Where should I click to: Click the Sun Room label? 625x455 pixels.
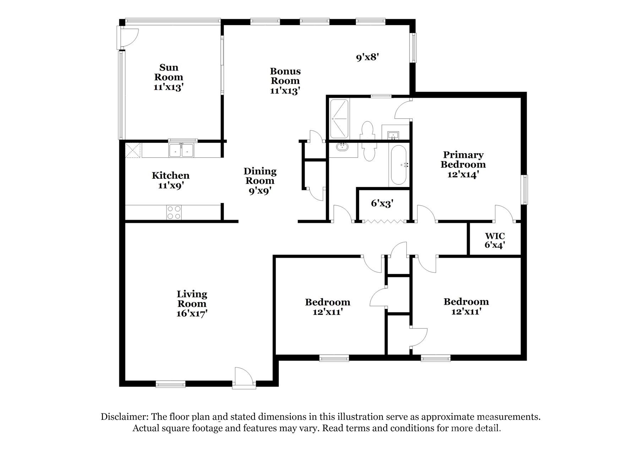(x=169, y=72)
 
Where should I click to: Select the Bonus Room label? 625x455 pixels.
(x=285, y=76)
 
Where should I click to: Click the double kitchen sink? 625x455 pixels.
(x=181, y=150)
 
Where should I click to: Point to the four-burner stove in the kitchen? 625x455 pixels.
(x=174, y=213)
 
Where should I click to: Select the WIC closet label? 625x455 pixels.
(x=495, y=236)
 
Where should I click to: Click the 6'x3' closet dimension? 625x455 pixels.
(x=382, y=203)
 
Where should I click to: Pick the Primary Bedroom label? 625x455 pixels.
(x=463, y=160)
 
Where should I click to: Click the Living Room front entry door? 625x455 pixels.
(x=244, y=379)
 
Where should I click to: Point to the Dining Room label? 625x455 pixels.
(x=260, y=176)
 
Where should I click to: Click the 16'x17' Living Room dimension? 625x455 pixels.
(x=192, y=314)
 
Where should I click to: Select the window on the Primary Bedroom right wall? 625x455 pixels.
(x=524, y=189)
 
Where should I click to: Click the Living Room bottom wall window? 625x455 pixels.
(x=170, y=384)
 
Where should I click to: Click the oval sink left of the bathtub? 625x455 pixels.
(x=343, y=147)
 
